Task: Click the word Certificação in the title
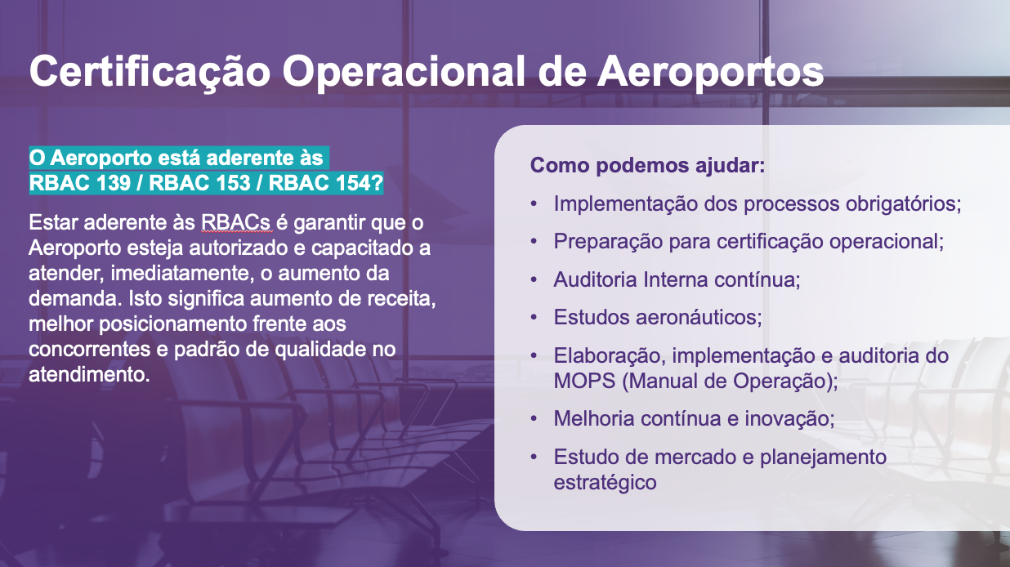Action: coord(150,72)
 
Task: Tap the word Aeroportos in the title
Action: coord(711,72)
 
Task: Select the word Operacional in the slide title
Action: coord(404,72)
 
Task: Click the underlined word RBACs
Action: coord(236,223)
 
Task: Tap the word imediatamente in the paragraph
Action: coord(180,274)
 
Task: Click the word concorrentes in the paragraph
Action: coord(89,350)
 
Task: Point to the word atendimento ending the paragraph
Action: coord(89,374)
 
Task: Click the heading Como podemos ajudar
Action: coord(647,165)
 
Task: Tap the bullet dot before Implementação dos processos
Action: coord(534,203)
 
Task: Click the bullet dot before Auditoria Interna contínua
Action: coord(534,280)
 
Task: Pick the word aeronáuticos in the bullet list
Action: coord(699,317)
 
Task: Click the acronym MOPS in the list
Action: coord(584,381)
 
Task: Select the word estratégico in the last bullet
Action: coord(605,482)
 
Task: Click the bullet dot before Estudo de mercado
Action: coord(534,457)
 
